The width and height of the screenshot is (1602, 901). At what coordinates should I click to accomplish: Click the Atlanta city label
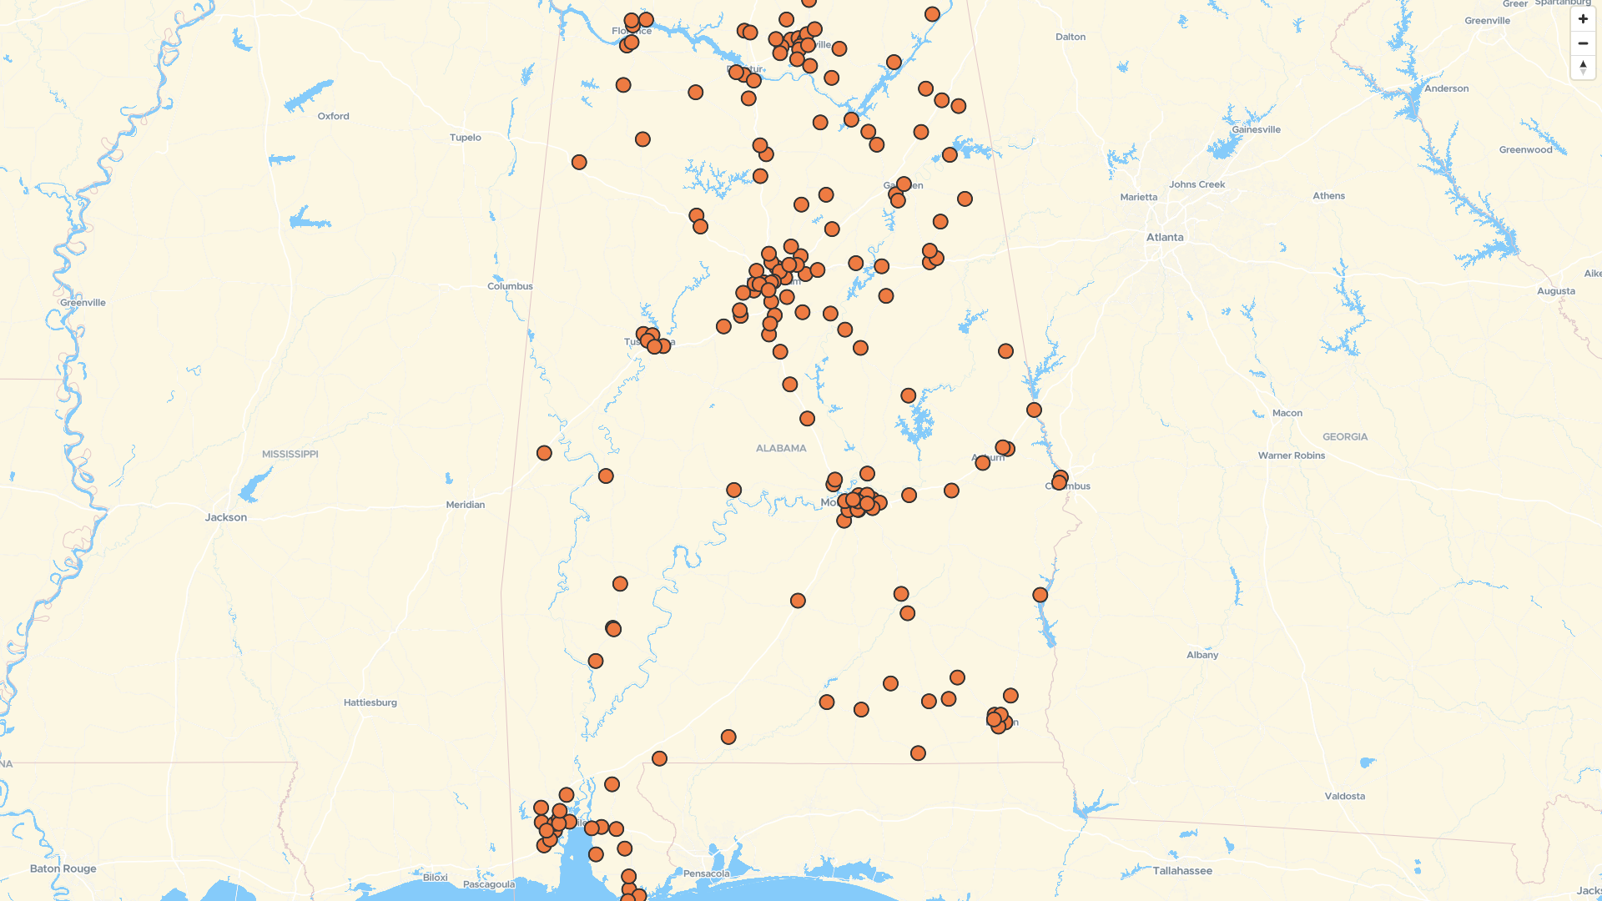coord(1164,237)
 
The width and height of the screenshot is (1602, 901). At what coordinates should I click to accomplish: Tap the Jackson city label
coord(226,517)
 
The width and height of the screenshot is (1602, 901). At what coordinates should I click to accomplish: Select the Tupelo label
coord(465,138)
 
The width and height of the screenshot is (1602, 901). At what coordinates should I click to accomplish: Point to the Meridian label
coord(465,505)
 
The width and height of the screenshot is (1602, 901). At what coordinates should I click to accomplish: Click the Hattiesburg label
coord(370,702)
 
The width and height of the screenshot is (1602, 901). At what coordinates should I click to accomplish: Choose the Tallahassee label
coord(1182,871)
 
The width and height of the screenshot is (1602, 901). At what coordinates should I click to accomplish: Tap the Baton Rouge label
coord(63,868)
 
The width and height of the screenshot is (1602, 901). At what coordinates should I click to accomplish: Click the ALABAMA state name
coord(781,448)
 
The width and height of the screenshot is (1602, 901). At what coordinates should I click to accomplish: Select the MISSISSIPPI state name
coord(290,454)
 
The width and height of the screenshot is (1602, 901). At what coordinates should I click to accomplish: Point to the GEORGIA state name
coord(1344,436)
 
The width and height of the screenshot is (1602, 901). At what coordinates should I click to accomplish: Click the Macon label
coord(1287,413)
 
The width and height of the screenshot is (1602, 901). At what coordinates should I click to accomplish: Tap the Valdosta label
coord(1344,796)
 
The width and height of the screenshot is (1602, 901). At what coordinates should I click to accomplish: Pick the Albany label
coord(1201,655)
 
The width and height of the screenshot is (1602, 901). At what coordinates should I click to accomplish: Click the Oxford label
coord(333,116)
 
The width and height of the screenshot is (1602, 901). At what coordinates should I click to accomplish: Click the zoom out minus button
coord(1582,43)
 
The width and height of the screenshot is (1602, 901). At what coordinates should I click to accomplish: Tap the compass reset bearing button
coord(1582,68)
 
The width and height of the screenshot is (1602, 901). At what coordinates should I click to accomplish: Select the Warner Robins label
coord(1291,456)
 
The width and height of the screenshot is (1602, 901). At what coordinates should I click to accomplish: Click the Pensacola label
coord(706,873)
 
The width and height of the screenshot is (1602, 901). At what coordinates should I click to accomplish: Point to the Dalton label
coord(1070,37)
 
